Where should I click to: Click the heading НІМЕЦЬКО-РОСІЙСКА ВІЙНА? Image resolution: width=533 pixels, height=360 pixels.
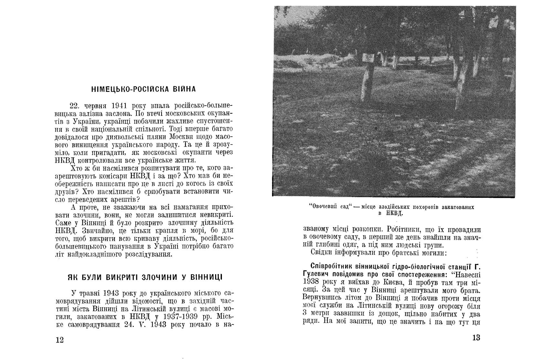point(143,89)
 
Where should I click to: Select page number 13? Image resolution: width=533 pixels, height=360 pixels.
point(476,338)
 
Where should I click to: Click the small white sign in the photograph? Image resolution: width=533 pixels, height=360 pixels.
point(368,58)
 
